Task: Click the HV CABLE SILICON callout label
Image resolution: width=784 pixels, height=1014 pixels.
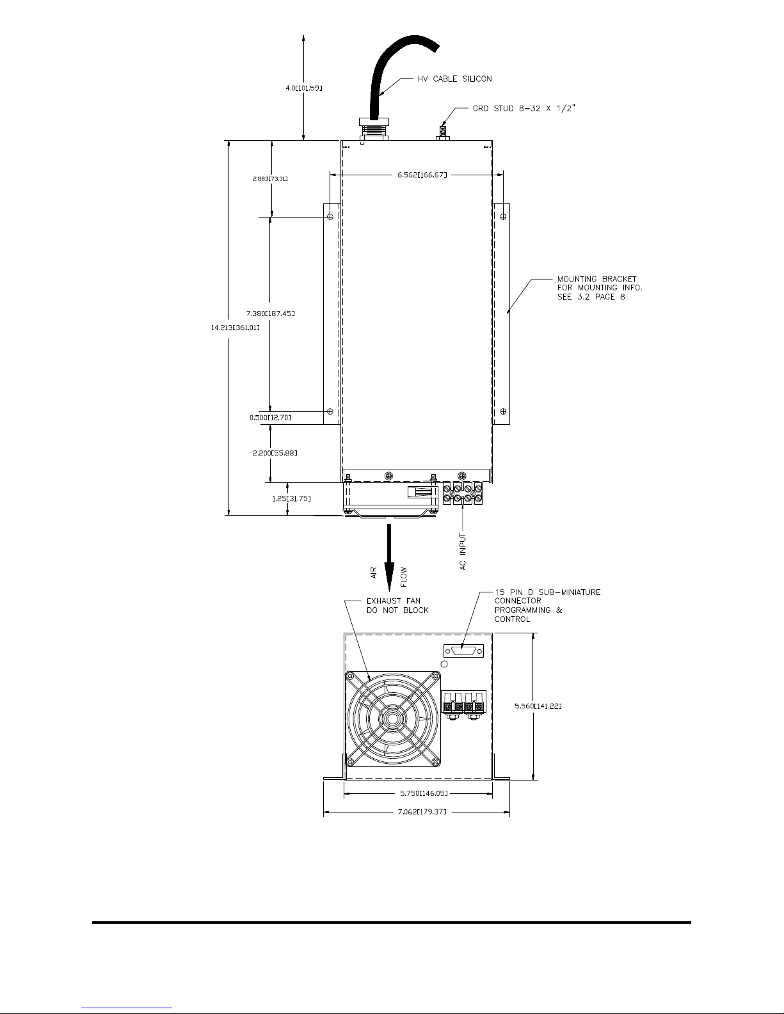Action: click(x=454, y=79)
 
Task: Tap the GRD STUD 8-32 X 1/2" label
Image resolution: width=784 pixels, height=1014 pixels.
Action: click(x=524, y=108)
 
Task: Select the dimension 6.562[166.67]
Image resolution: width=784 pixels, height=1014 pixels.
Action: click(x=422, y=175)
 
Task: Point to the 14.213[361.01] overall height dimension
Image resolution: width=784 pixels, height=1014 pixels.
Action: click(x=236, y=328)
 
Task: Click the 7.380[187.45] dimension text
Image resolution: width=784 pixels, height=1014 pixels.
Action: click(x=271, y=313)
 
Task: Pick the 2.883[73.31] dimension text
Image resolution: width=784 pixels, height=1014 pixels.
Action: click(x=270, y=178)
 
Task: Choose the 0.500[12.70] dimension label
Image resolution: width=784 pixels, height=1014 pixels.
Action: click(x=270, y=418)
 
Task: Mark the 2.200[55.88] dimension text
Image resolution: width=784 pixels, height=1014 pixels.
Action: click(x=275, y=453)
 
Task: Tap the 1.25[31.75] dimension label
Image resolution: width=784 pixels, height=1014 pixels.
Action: click(x=292, y=498)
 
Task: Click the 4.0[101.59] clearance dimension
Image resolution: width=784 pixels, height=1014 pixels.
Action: click(x=304, y=88)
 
